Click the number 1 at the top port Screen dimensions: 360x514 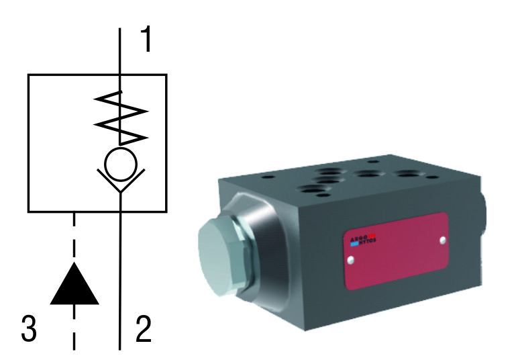(x=145, y=40)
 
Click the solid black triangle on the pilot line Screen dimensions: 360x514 (x=74, y=283)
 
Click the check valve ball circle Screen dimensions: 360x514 (x=120, y=165)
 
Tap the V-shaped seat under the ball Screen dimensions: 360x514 (x=120, y=184)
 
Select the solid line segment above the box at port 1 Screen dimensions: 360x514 (x=120, y=51)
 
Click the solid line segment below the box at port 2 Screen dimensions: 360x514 (x=120, y=282)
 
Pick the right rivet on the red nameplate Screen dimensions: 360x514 (x=442, y=239)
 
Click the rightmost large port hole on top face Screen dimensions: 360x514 (x=409, y=176)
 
